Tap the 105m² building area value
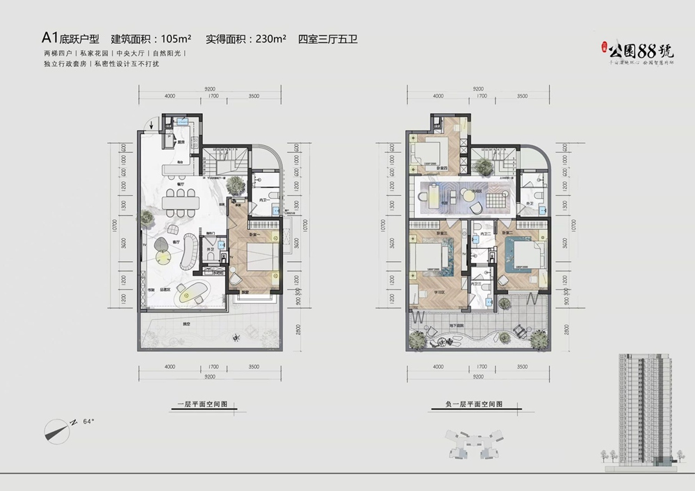[176, 39]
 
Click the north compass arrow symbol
[58, 429]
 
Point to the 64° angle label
[88, 422]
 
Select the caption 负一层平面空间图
[474, 403]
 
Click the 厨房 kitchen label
[181, 142]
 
